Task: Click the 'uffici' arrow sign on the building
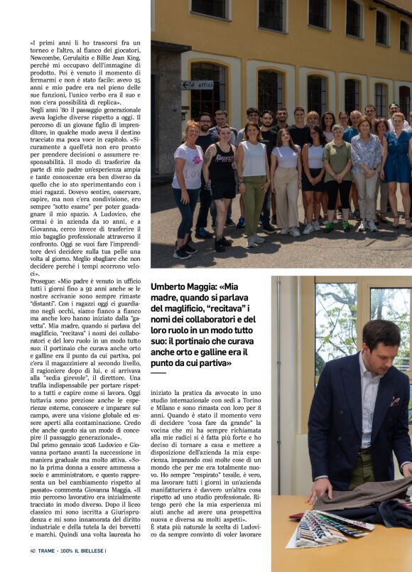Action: [197, 85]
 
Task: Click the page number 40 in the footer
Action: [33, 550]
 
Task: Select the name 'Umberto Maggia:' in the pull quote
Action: [182, 286]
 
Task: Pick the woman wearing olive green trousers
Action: [254, 181]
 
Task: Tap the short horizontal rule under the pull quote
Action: [158, 372]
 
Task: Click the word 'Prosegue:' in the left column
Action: [43, 280]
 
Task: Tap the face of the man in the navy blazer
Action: [381, 346]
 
